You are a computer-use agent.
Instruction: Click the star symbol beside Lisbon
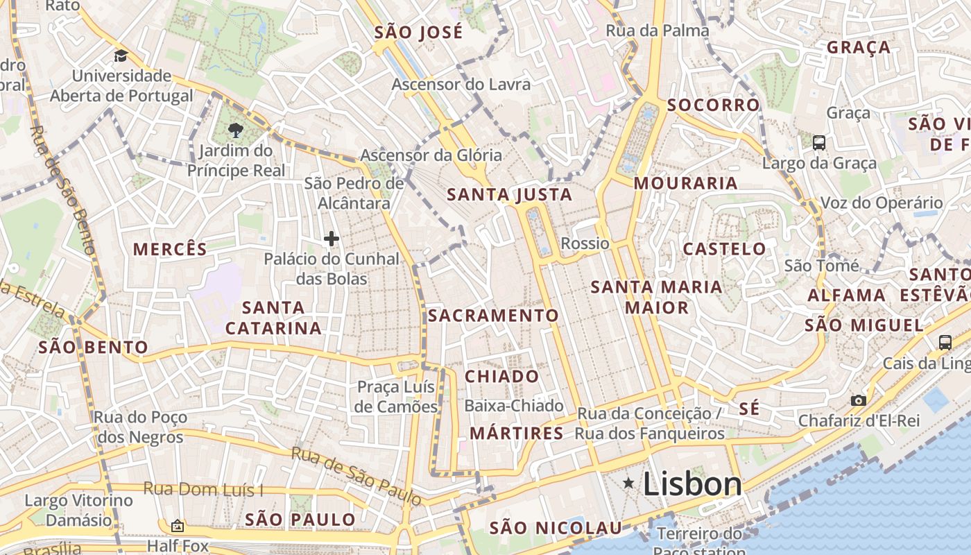[x=628, y=482]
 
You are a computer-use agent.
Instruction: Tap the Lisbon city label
[x=692, y=484]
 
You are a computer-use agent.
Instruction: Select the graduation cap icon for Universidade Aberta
[x=121, y=56]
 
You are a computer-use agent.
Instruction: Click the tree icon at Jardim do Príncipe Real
[x=236, y=130]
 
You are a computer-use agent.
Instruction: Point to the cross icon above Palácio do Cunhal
[x=332, y=239]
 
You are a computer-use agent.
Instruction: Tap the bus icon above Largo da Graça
[x=819, y=143]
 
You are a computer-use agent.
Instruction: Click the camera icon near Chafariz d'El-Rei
[x=859, y=400]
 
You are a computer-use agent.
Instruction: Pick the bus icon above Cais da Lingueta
[x=945, y=342]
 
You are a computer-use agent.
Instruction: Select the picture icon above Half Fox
[x=178, y=527]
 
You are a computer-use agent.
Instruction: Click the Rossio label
[x=585, y=244]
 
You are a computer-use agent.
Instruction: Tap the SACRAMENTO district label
[x=493, y=316]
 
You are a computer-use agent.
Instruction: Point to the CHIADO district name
[x=501, y=377]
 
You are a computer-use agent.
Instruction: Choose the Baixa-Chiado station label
[x=514, y=405]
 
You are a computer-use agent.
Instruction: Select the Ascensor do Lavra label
[x=461, y=85]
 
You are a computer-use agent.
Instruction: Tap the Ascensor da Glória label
[x=431, y=155]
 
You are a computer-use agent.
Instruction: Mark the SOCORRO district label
[x=713, y=105]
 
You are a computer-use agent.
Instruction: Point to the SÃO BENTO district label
[x=93, y=347]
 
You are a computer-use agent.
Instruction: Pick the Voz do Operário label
[x=881, y=203]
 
